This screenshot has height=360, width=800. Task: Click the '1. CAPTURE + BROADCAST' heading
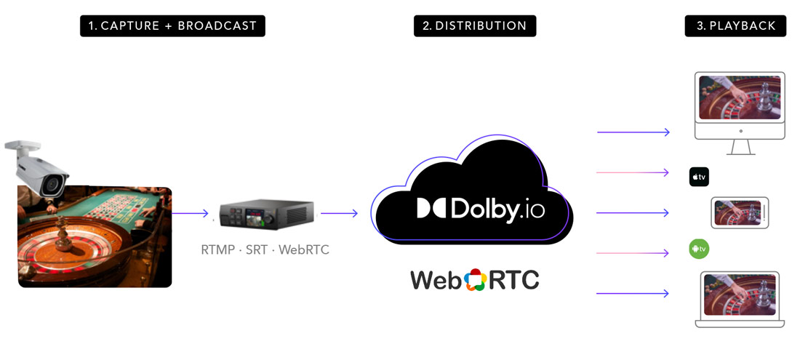tap(172, 25)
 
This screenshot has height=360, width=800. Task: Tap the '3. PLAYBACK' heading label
tap(735, 25)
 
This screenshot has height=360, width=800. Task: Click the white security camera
tap(40, 167)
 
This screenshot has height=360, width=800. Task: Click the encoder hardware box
tap(266, 215)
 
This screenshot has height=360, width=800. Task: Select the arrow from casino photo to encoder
tap(190, 213)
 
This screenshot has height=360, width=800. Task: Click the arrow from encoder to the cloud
tap(339, 213)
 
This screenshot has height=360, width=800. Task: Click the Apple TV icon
tap(699, 177)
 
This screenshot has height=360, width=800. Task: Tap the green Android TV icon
tap(699, 249)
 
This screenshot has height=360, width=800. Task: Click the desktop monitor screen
tap(740, 98)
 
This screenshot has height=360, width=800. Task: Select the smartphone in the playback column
tap(739, 213)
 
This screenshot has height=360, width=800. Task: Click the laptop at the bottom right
tap(740, 298)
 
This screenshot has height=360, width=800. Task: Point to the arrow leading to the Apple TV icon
tap(633, 172)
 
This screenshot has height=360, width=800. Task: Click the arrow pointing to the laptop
tap(633, 293)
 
